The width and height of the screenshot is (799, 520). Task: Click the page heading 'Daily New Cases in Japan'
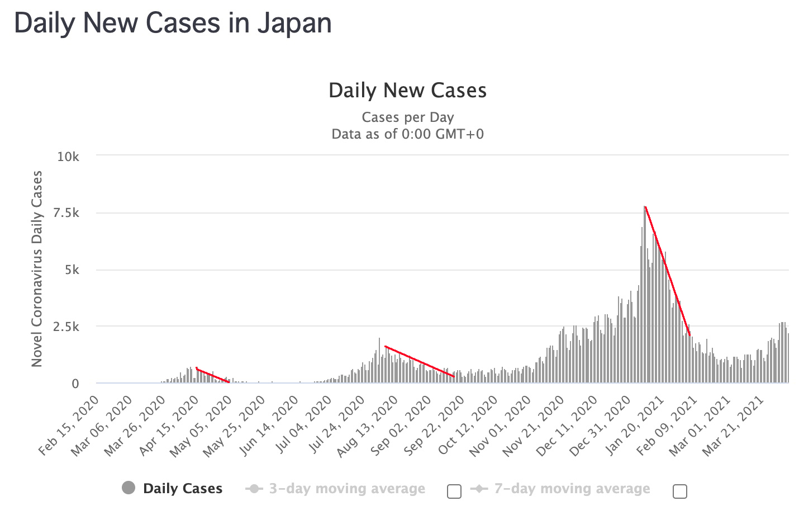click(173, 23)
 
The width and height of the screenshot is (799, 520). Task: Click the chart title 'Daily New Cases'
click(407, 91)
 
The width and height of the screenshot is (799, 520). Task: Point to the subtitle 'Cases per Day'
click(407, 117)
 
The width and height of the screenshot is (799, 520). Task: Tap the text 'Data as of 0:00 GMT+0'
click(407, 134)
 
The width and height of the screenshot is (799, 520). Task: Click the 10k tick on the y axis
click(68, 157)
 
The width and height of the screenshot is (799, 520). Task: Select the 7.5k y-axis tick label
click(66, 213)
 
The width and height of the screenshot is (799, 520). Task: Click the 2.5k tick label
click(66, 327)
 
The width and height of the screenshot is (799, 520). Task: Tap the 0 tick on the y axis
click(75, 384)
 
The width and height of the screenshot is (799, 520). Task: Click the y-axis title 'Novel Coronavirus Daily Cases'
click(37, 269)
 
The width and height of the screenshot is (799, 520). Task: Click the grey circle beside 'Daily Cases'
click(129, 488)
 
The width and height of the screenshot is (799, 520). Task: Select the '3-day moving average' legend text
click(347, 489)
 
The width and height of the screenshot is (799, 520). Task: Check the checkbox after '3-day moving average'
click(454, 491)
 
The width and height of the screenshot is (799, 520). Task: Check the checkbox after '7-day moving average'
click(680, 491)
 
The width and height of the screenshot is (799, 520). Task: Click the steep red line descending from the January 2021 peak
click(668, 271)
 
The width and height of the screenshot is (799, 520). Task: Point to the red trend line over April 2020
click(212, 375)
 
